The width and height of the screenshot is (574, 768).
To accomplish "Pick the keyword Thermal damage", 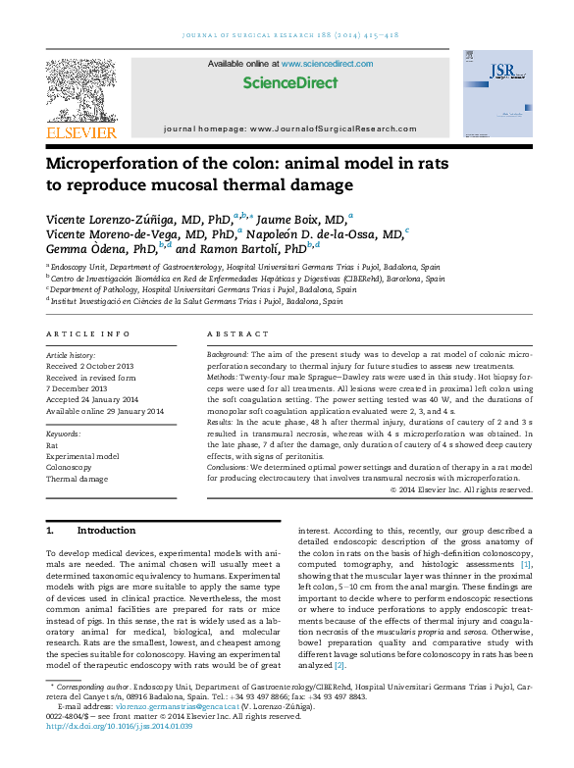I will (x=77, y=480).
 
